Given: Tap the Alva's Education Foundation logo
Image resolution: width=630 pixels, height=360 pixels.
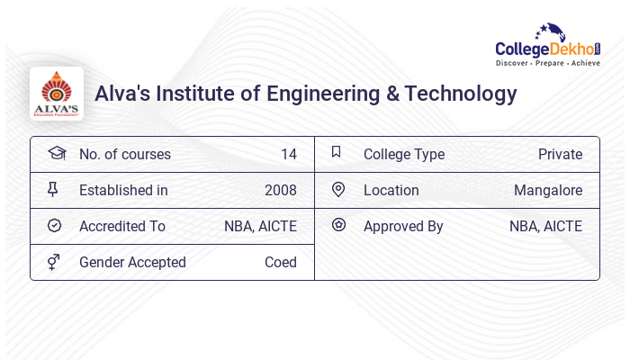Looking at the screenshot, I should coord(57,94).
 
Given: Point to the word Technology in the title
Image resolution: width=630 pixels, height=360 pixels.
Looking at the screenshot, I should coord(461,94).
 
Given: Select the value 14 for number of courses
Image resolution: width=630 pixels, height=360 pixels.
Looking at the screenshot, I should coord(288,154).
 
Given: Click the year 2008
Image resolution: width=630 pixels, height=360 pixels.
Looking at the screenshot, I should coord(281,190).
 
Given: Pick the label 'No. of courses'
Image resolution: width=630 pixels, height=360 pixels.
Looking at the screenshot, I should coord(124,154).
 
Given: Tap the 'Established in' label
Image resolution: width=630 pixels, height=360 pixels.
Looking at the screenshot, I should coord(123,190).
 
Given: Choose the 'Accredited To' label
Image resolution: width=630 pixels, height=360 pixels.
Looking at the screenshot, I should coord(122,226).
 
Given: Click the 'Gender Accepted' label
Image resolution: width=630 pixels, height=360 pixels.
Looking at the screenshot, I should coord(132,262).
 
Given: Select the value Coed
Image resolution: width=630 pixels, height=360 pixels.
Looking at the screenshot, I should coord(281,262).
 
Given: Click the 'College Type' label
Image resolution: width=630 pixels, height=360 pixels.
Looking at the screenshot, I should coord(404,154).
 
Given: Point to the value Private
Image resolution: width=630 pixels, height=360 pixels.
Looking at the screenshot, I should coord(560,154).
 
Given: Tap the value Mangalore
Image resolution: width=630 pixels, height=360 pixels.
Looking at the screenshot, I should coord(548,190).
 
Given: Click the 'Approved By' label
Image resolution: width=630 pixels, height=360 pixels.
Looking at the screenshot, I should coord(403,226).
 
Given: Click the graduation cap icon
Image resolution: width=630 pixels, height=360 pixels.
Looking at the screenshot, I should coord(56,153).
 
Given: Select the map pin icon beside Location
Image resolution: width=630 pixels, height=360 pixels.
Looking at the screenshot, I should coord(338,189).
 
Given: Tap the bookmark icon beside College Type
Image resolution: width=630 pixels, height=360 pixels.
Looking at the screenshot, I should coord(337,152).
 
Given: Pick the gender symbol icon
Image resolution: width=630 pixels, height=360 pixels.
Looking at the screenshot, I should coord(54,262).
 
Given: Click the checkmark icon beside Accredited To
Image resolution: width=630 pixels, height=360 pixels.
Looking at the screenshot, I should coord(55,225).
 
